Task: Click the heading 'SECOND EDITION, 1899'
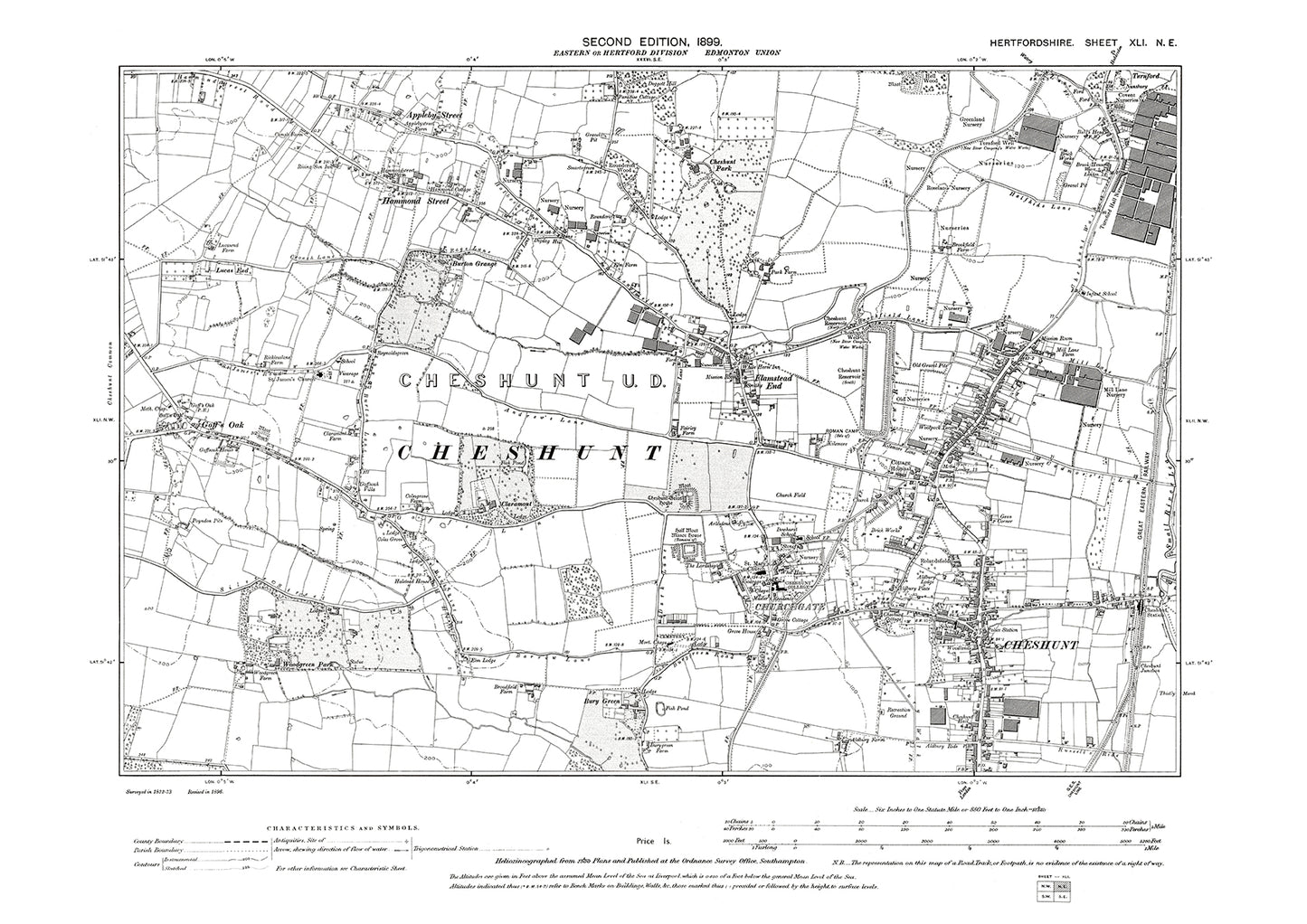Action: [x=652, y=42]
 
